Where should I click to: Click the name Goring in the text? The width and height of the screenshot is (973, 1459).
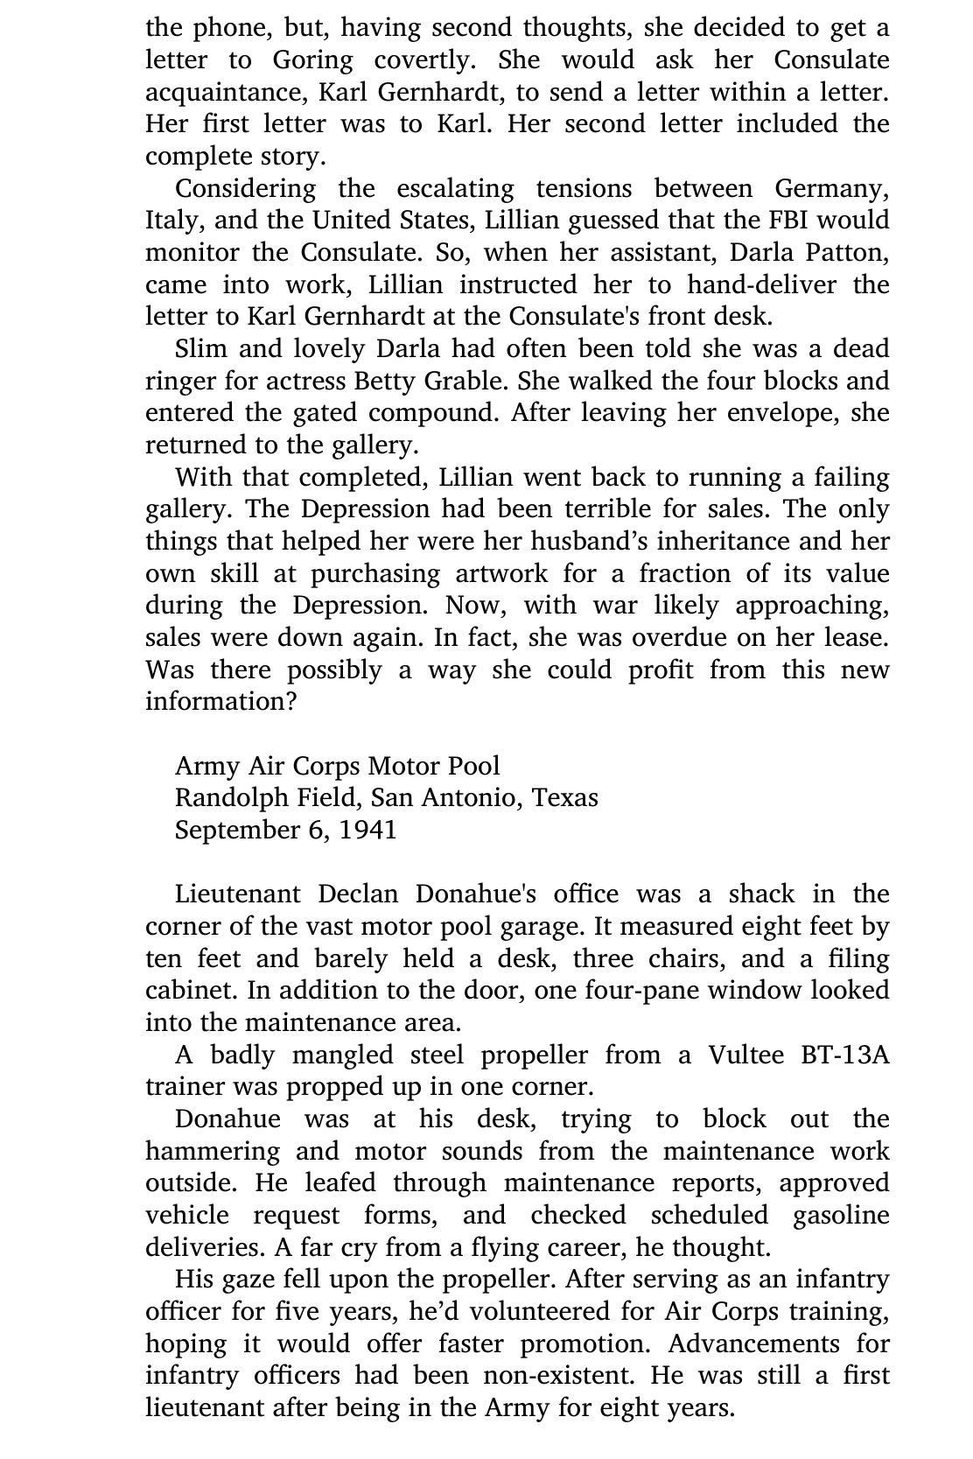click(312, 60)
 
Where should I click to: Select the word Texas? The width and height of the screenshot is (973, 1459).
click(565, 798)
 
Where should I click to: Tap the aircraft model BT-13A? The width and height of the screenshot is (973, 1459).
click(844, 1056)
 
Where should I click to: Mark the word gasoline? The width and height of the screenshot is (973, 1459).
click(841, 1216)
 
